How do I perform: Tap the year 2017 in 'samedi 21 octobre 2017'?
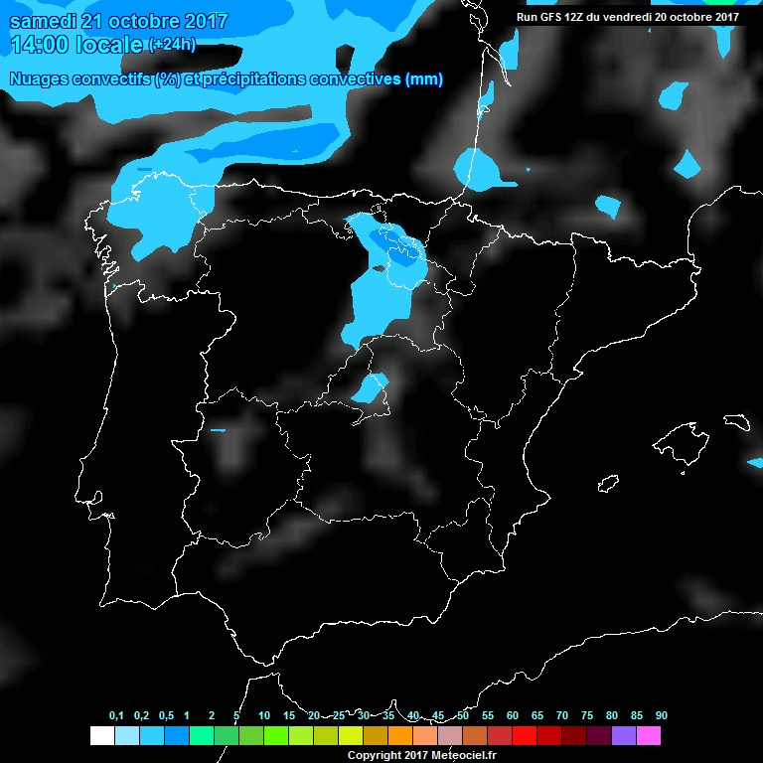(205, 21)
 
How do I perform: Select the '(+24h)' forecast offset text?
(173, 45)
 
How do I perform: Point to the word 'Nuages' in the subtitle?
(37, 79)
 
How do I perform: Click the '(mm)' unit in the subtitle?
(424, 79)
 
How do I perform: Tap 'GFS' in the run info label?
(549, 16)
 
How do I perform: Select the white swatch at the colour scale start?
(101, 736)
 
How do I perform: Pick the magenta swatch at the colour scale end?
(648, 736)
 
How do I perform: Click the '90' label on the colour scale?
(661, 715)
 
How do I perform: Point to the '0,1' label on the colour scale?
(115, 715)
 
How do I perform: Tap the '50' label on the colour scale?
(462, 715)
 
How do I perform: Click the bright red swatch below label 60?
(524, 736)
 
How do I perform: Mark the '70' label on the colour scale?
(561, 715)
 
